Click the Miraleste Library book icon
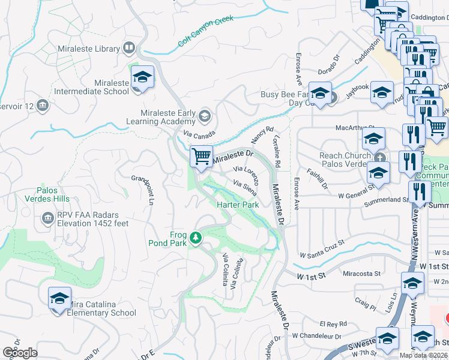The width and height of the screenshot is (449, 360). coord(129,47)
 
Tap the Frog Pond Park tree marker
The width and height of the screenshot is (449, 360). coord(195,238)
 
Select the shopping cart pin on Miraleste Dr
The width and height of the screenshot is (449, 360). coord(202,157)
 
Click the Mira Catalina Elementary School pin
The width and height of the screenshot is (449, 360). coord(59,299)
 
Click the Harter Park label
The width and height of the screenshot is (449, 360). coord(238,205)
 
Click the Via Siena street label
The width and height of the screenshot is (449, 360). coord(245,188)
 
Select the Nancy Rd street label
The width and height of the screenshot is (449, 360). coord(262,134)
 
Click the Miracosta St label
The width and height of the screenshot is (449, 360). coord(361,274)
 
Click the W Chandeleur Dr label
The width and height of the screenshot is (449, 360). coord(316,337)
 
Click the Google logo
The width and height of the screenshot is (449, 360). coord(20,353)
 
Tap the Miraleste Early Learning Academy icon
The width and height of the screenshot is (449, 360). coord(205,115)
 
